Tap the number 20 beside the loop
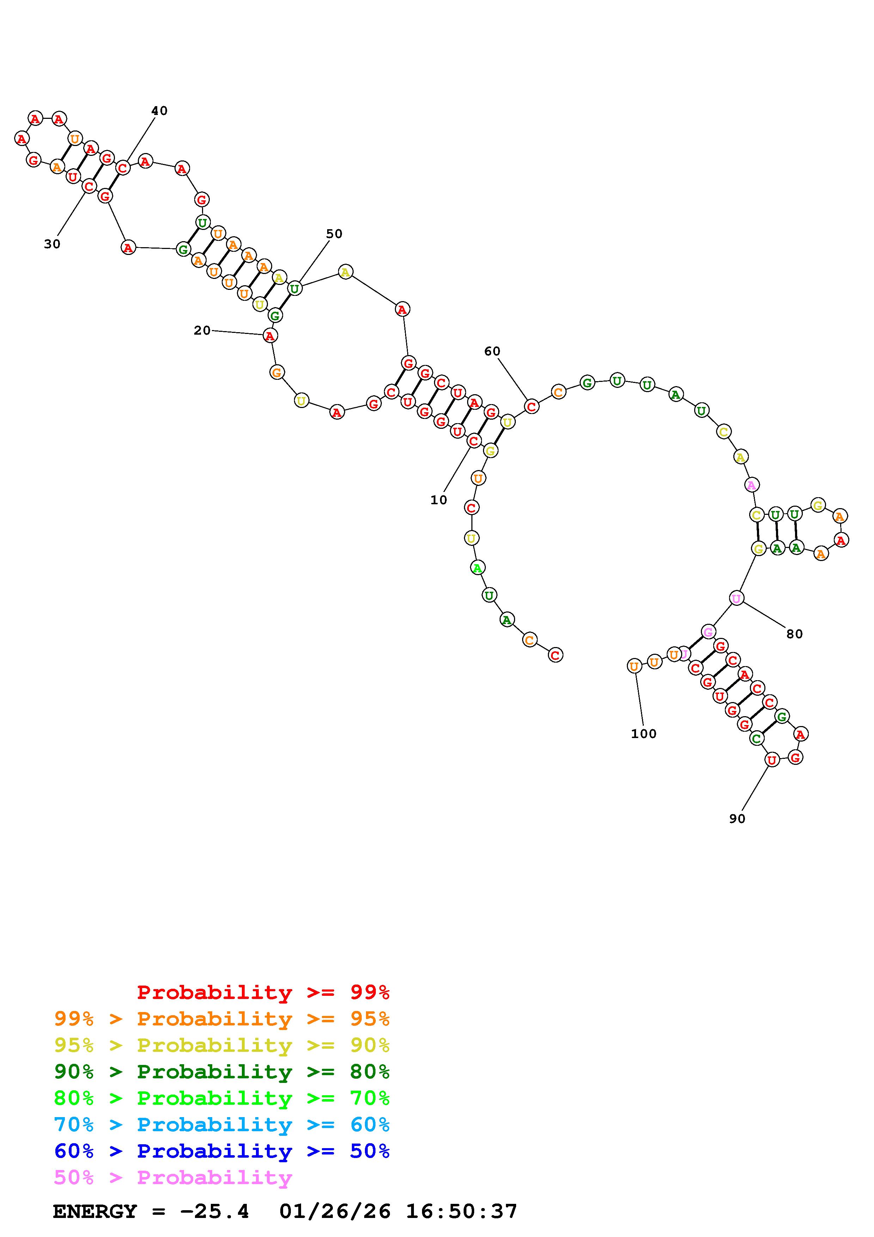click(x=202, y=330)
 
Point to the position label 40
click(x=159, y=110)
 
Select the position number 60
click(x=492, y=351)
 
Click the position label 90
click(x=737, y=818)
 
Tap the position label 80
click(x=794, y=634)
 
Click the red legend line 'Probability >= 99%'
click(x=263, y=992)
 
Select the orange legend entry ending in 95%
click(x=222, y=1019)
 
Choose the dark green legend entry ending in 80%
click(x=222, y=1072)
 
